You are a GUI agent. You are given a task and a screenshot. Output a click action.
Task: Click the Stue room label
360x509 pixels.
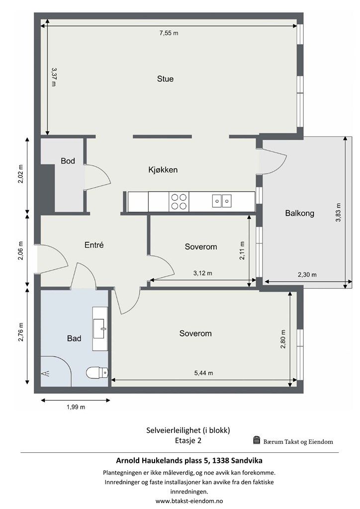click(165, 79)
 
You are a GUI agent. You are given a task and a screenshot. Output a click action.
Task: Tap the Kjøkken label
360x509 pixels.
click(163, 170)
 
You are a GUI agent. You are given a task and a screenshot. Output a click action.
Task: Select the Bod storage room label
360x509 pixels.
click(68, 161)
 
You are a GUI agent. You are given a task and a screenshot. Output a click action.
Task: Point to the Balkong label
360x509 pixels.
click(300, 213)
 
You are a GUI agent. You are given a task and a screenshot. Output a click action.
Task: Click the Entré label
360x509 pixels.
click(94, 245)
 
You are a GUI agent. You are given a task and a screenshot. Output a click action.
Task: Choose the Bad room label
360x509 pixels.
click(74, 339)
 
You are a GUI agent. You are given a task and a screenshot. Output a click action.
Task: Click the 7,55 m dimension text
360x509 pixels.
click(169, 33)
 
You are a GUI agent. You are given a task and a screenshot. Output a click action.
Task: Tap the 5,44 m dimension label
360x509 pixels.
click(203, 373)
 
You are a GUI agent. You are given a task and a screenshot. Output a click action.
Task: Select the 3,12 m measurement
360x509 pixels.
click(202, 273)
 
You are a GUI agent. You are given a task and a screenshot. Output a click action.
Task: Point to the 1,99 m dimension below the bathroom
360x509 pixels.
click(76, 407)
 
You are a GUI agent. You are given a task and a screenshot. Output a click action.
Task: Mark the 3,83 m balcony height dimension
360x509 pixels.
click(338, 212)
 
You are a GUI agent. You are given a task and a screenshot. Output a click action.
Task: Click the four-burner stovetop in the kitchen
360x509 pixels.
click(179, 202)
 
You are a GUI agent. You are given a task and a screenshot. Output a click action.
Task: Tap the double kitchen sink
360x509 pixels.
click(222, 201)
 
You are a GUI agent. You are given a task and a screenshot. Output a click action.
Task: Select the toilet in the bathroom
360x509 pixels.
click(97, 372)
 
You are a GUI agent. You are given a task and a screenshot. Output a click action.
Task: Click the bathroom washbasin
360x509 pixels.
click(100, 329)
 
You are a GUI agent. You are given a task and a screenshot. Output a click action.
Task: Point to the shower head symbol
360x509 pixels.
click(45, 373)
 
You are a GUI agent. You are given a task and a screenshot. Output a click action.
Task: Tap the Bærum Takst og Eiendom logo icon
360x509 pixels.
click(257, 440)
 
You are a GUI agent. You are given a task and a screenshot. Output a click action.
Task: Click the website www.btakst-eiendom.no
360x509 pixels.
click(189, 501)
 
